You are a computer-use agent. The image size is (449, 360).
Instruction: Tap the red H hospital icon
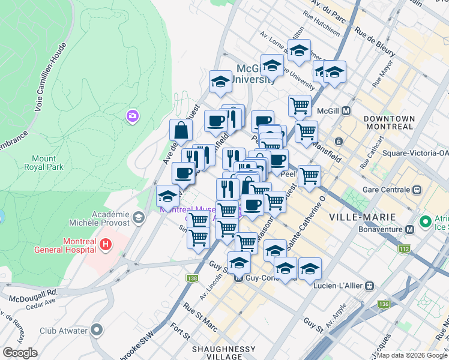(x=106, y=244)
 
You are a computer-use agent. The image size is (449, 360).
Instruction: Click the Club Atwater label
(x=64, y=331)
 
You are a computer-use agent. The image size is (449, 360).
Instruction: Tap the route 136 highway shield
(x=384, y=305)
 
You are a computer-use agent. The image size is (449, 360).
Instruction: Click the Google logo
(x=20, y=352)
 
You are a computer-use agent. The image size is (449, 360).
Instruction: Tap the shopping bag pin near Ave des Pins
(x=181, y=130)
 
